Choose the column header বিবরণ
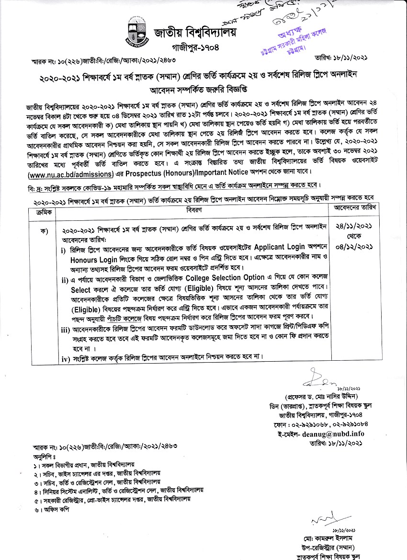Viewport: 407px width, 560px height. [x=193, y=210]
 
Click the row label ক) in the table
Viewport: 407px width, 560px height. [x=44, y=230]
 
